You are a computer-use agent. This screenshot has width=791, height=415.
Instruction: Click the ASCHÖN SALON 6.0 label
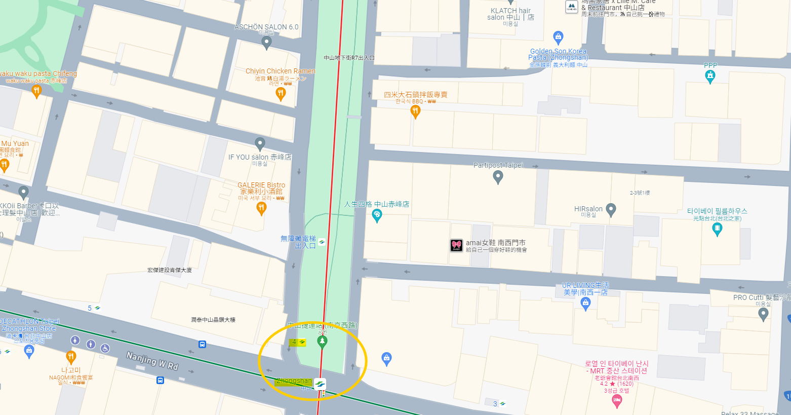tap(266, 27)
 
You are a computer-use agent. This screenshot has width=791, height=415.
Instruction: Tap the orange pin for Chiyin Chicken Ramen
tap(281, 94)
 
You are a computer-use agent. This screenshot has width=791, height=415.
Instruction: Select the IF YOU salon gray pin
tap(260, 144)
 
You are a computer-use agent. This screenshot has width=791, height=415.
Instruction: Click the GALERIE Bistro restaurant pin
tap(261, 208)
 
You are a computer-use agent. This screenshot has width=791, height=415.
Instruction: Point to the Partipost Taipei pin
tap(498, 177)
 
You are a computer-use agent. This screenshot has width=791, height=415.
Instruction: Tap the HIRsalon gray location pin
tap(611, 209)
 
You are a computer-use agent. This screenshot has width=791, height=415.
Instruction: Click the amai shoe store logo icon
tap(456, 246)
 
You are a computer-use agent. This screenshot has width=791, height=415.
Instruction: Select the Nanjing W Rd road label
tap(152, 361)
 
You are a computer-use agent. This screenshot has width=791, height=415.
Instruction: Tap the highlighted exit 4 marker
tap(298, 342)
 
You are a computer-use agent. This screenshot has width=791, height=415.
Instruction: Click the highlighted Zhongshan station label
tap(294, 381)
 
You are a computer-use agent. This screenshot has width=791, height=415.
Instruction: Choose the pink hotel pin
tap(617, 401)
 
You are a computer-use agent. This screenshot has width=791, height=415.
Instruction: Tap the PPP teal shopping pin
tap(710, 76)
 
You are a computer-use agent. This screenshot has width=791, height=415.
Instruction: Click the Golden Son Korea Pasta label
tap(558, 54)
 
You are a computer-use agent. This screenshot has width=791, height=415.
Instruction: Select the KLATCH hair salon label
tap(510, 14)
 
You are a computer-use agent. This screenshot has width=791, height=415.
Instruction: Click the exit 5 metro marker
tap(94, 308)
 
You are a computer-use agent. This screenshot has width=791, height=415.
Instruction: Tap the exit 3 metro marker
tap(499, 404)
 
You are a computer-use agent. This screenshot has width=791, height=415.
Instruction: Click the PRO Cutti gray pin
tap(763, 314)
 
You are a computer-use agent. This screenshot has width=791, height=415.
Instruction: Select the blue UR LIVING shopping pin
tap(586, 304)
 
